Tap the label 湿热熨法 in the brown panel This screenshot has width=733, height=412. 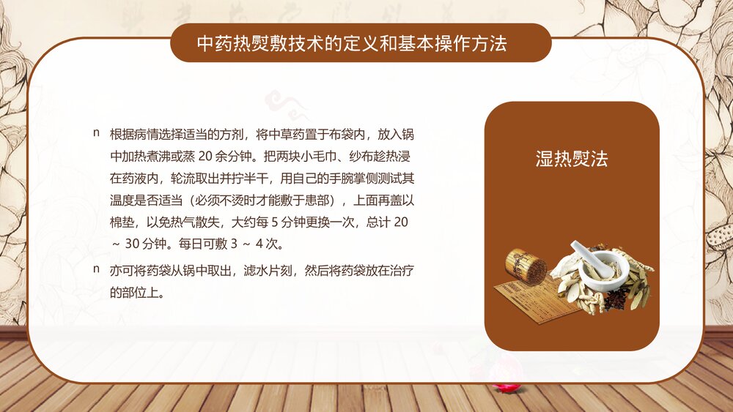click(572, 159)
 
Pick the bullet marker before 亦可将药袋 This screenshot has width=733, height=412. click(96, 270)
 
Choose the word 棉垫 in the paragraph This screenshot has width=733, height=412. click(121, 221)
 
